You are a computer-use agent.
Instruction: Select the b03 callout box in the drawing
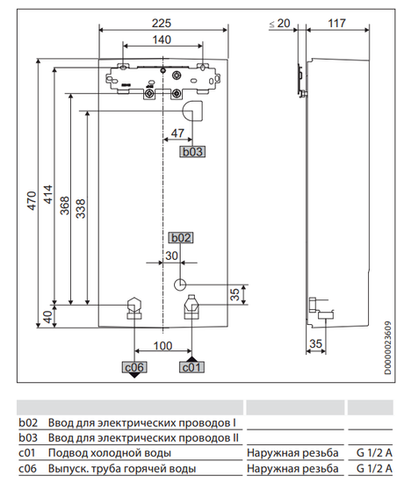click(x=191, y=151)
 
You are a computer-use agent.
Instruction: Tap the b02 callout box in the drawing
click(x=179, y=237)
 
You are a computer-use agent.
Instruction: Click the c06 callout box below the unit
click(x=133, y=365)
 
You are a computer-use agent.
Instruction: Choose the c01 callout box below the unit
click(x=191, y=365)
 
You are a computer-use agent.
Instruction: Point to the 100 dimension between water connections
click(x=162, y=346)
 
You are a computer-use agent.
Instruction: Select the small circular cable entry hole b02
click(x=180, y=285)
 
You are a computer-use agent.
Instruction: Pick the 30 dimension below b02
click(x=171, y=256)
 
